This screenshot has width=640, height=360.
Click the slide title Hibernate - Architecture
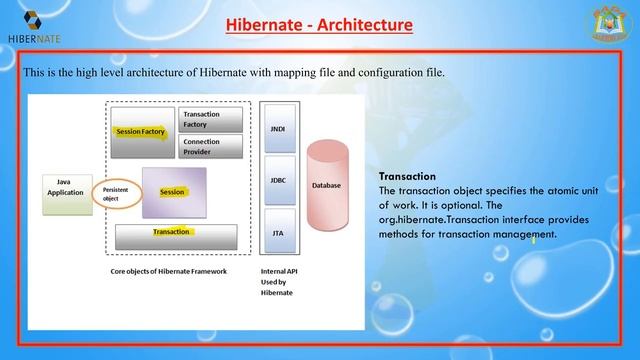click(319, 23)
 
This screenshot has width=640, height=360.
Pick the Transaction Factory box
click(211, 120)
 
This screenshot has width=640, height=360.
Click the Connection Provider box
click(211, 147)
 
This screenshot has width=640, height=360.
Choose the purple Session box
click(174, 192)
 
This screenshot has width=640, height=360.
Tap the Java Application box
click(63, 188)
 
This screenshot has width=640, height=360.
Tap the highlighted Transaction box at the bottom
click(176, 234)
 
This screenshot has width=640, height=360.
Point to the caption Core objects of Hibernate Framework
click(169, 272)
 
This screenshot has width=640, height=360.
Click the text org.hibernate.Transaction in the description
click(436, 219)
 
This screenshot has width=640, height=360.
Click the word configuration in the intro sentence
click(386, 73)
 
